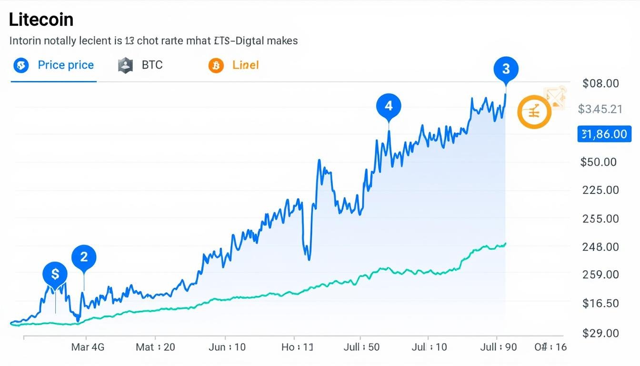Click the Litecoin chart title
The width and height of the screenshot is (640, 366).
[41, 20]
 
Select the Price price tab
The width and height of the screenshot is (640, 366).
[66, 65]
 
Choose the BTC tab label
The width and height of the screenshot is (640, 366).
[152, 65]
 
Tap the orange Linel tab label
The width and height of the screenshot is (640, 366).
[245, 65]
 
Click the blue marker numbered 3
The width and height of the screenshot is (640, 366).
[506, 69]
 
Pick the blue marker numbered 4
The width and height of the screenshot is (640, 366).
[389, 106]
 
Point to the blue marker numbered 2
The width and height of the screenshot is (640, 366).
[84, 257]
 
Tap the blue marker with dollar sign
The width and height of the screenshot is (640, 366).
[55, 274]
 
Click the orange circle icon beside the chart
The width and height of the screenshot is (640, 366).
[534, 112]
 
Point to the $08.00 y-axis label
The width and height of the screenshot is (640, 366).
[600, 84]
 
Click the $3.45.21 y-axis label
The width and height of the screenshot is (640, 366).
[600, 109]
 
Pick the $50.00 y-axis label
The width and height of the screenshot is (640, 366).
[599, 162]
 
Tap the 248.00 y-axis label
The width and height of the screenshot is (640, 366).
[600, 247]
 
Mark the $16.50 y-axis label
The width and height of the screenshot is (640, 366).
[600, 303]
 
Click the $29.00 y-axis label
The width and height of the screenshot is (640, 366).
[600, 333]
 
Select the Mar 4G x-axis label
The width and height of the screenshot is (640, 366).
[87, 347]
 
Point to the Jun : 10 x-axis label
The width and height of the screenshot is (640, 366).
[227, 347]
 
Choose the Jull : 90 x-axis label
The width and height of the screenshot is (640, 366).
[499, 347]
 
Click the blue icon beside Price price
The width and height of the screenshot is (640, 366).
[21, 66]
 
